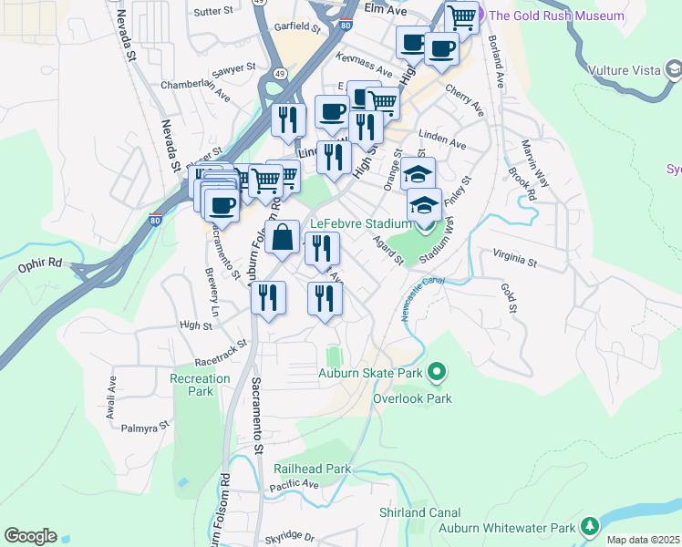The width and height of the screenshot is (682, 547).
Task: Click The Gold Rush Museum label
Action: point(556,15)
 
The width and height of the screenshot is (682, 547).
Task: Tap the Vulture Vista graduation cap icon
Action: point(675,69)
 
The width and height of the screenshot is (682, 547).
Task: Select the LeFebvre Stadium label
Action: point(361,223)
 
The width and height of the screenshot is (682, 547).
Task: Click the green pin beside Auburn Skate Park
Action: point(437,371)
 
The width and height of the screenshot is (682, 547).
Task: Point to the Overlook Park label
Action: point(412,398)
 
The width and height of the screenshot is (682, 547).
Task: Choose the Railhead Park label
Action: point(312,469)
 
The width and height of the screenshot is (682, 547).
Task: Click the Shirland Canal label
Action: point(420,513)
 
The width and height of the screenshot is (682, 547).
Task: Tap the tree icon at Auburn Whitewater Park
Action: point(590,527)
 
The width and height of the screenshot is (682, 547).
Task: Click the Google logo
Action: point(30,536)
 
